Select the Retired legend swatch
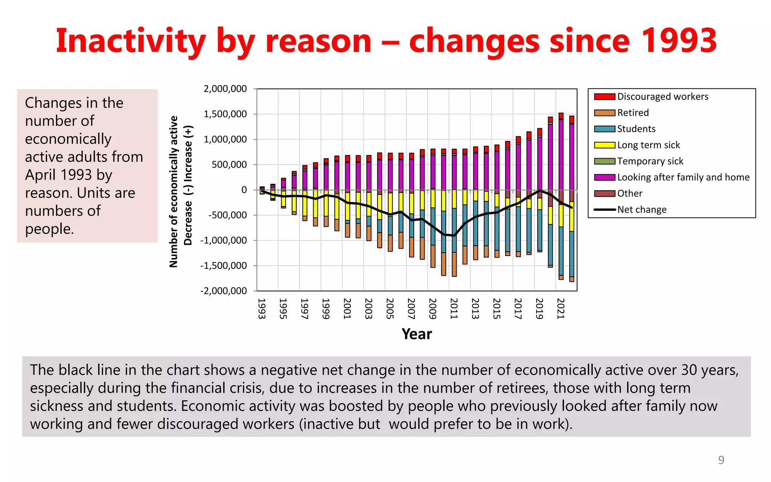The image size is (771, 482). [x=605, y=113]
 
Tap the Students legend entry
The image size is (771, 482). [x=636, y=129]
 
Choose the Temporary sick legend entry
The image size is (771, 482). [x=650, y=162]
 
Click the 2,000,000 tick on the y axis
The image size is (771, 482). [x=225, y=89]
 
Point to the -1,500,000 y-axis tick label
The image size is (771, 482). [x=224, y=266]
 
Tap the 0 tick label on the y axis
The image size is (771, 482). [x=244, y=190]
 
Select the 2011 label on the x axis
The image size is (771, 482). [x=454, y=308]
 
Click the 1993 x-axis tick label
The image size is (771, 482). [x=262, y=308]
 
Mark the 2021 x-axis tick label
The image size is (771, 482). [x=561, y=308]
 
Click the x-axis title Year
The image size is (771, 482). [x=417, y=334]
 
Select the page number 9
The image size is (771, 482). [x=721, y=460]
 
